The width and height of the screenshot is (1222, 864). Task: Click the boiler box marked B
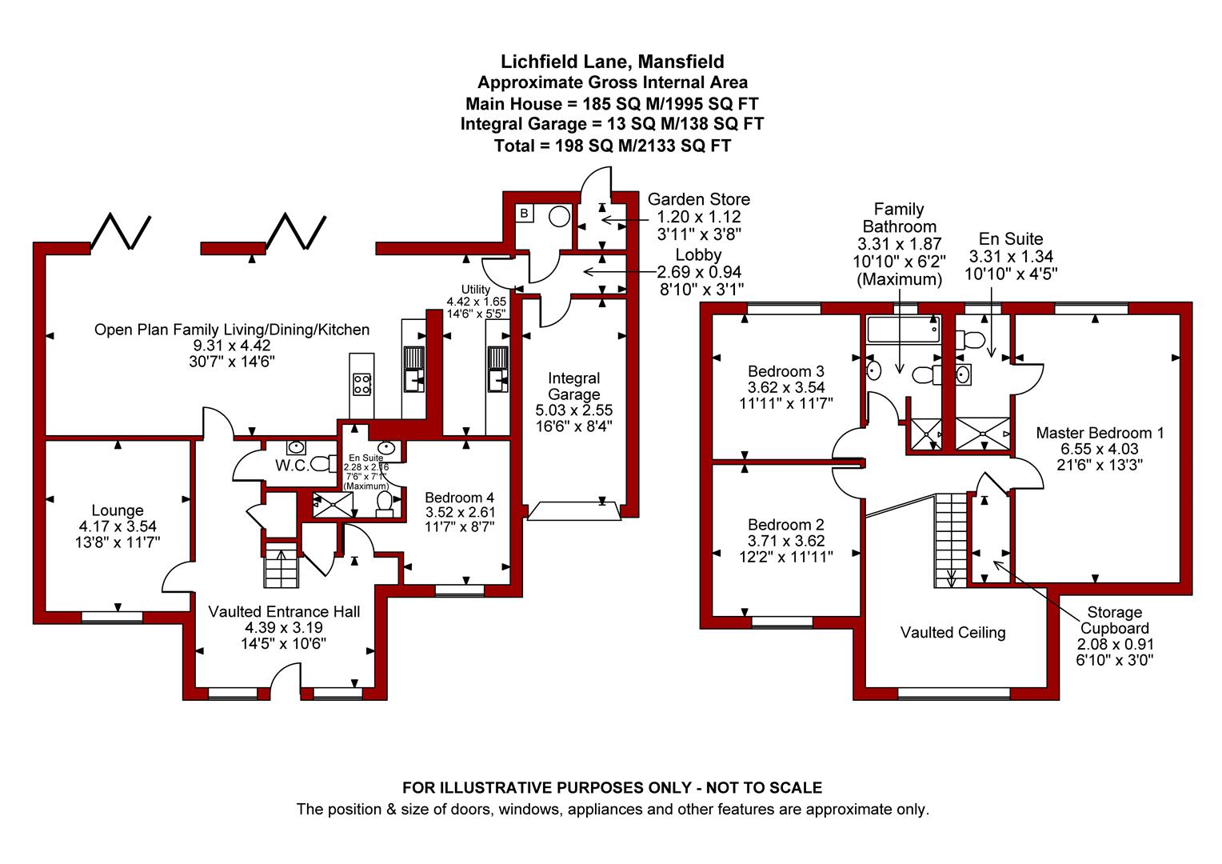[525, 213]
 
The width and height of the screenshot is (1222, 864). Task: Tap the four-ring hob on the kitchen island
[362, 384]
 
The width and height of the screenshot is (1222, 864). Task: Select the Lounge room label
[118, 510]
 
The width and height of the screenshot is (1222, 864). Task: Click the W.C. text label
[292, 466]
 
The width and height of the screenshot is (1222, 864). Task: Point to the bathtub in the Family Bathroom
[903, 329]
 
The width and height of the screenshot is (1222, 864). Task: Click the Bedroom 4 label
[459, 498]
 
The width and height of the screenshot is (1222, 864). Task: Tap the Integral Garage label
[574, 386]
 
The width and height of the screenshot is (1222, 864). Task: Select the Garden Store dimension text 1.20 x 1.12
[699, 217]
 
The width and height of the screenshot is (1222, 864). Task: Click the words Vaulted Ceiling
[952, 633]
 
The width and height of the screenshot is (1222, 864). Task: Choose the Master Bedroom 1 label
[1100, 433]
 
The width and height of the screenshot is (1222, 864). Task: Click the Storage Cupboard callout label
[1115, 620]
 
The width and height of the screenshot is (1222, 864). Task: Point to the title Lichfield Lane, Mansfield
[612, 61]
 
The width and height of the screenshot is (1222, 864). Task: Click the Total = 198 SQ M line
[612, 146]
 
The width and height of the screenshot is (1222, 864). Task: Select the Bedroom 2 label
[785, 525]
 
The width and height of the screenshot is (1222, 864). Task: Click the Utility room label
[475, 290]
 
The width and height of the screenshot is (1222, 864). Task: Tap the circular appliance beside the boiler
[559, 216]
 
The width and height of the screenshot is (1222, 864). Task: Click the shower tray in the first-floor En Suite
[983, 434]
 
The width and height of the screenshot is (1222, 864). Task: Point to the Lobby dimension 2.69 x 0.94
[699, 272]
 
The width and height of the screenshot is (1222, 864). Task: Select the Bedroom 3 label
[785, 372]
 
